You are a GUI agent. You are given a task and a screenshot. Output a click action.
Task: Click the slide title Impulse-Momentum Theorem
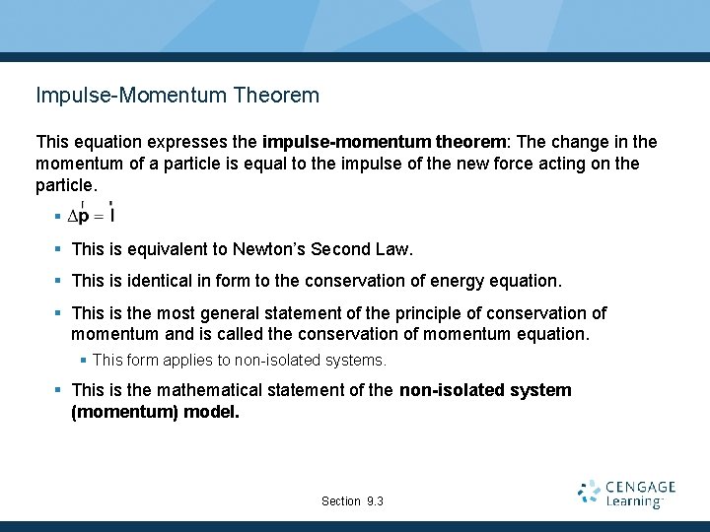tap(177, 96)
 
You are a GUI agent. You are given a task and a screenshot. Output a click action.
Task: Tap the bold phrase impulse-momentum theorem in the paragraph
tap(384, 143)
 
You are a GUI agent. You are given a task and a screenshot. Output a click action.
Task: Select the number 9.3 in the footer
tap(375, 501)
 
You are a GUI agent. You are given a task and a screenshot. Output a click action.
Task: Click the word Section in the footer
tap(341, 501)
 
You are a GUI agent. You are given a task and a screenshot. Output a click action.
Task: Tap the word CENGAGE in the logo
tap(641, 487)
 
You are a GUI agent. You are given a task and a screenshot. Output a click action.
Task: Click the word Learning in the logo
tap(634, 502)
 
